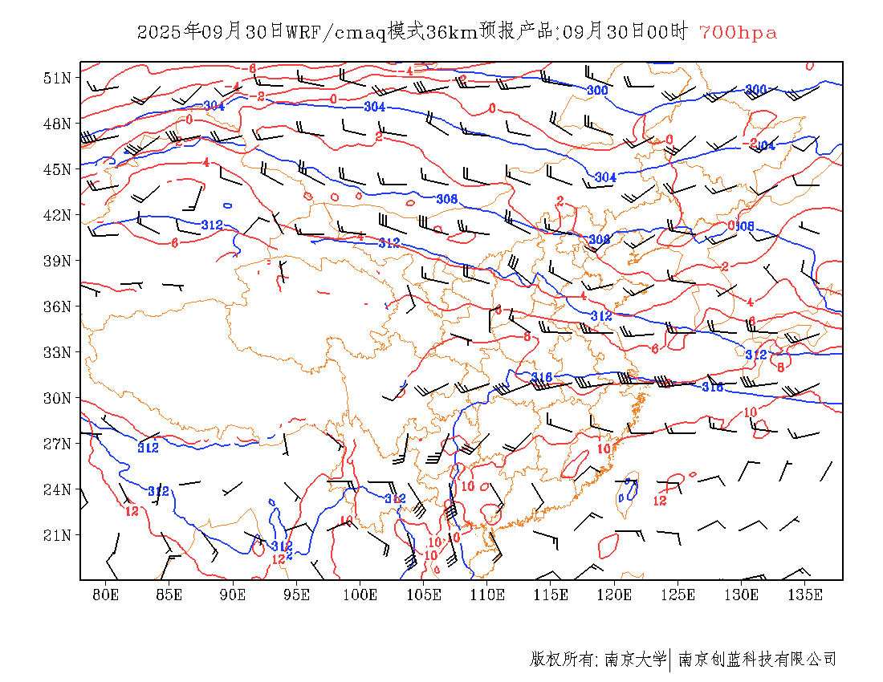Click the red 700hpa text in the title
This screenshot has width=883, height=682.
pyautogui.click(x=738, y=33)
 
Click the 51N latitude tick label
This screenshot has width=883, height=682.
pyautogui.click(x=58, y=78)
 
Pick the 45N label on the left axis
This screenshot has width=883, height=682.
pyautogui.click(x=58, y=169)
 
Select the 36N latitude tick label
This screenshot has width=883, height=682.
pyautogui.click(x=58, y=306)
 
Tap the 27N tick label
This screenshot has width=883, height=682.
pyautogui.click(x=58, y=444)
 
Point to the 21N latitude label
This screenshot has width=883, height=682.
pyautogui.click(x=58, y=535)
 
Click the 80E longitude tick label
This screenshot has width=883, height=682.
pyautogui.click(x=106, y=595)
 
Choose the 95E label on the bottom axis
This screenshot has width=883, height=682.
pyautogui.click(x=297, y=595)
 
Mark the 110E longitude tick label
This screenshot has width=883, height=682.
pyautogui.click(x=487, y=595)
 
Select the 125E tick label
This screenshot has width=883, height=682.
pyautogui.click(x=678, y=595)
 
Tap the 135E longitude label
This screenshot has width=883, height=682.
pyautogui.click(x=805, y=595)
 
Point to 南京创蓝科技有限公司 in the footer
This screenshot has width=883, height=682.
pyautogui.click(x=758, y=660)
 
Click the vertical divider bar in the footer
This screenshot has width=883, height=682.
pyautogui.click(x=670, y=660)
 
